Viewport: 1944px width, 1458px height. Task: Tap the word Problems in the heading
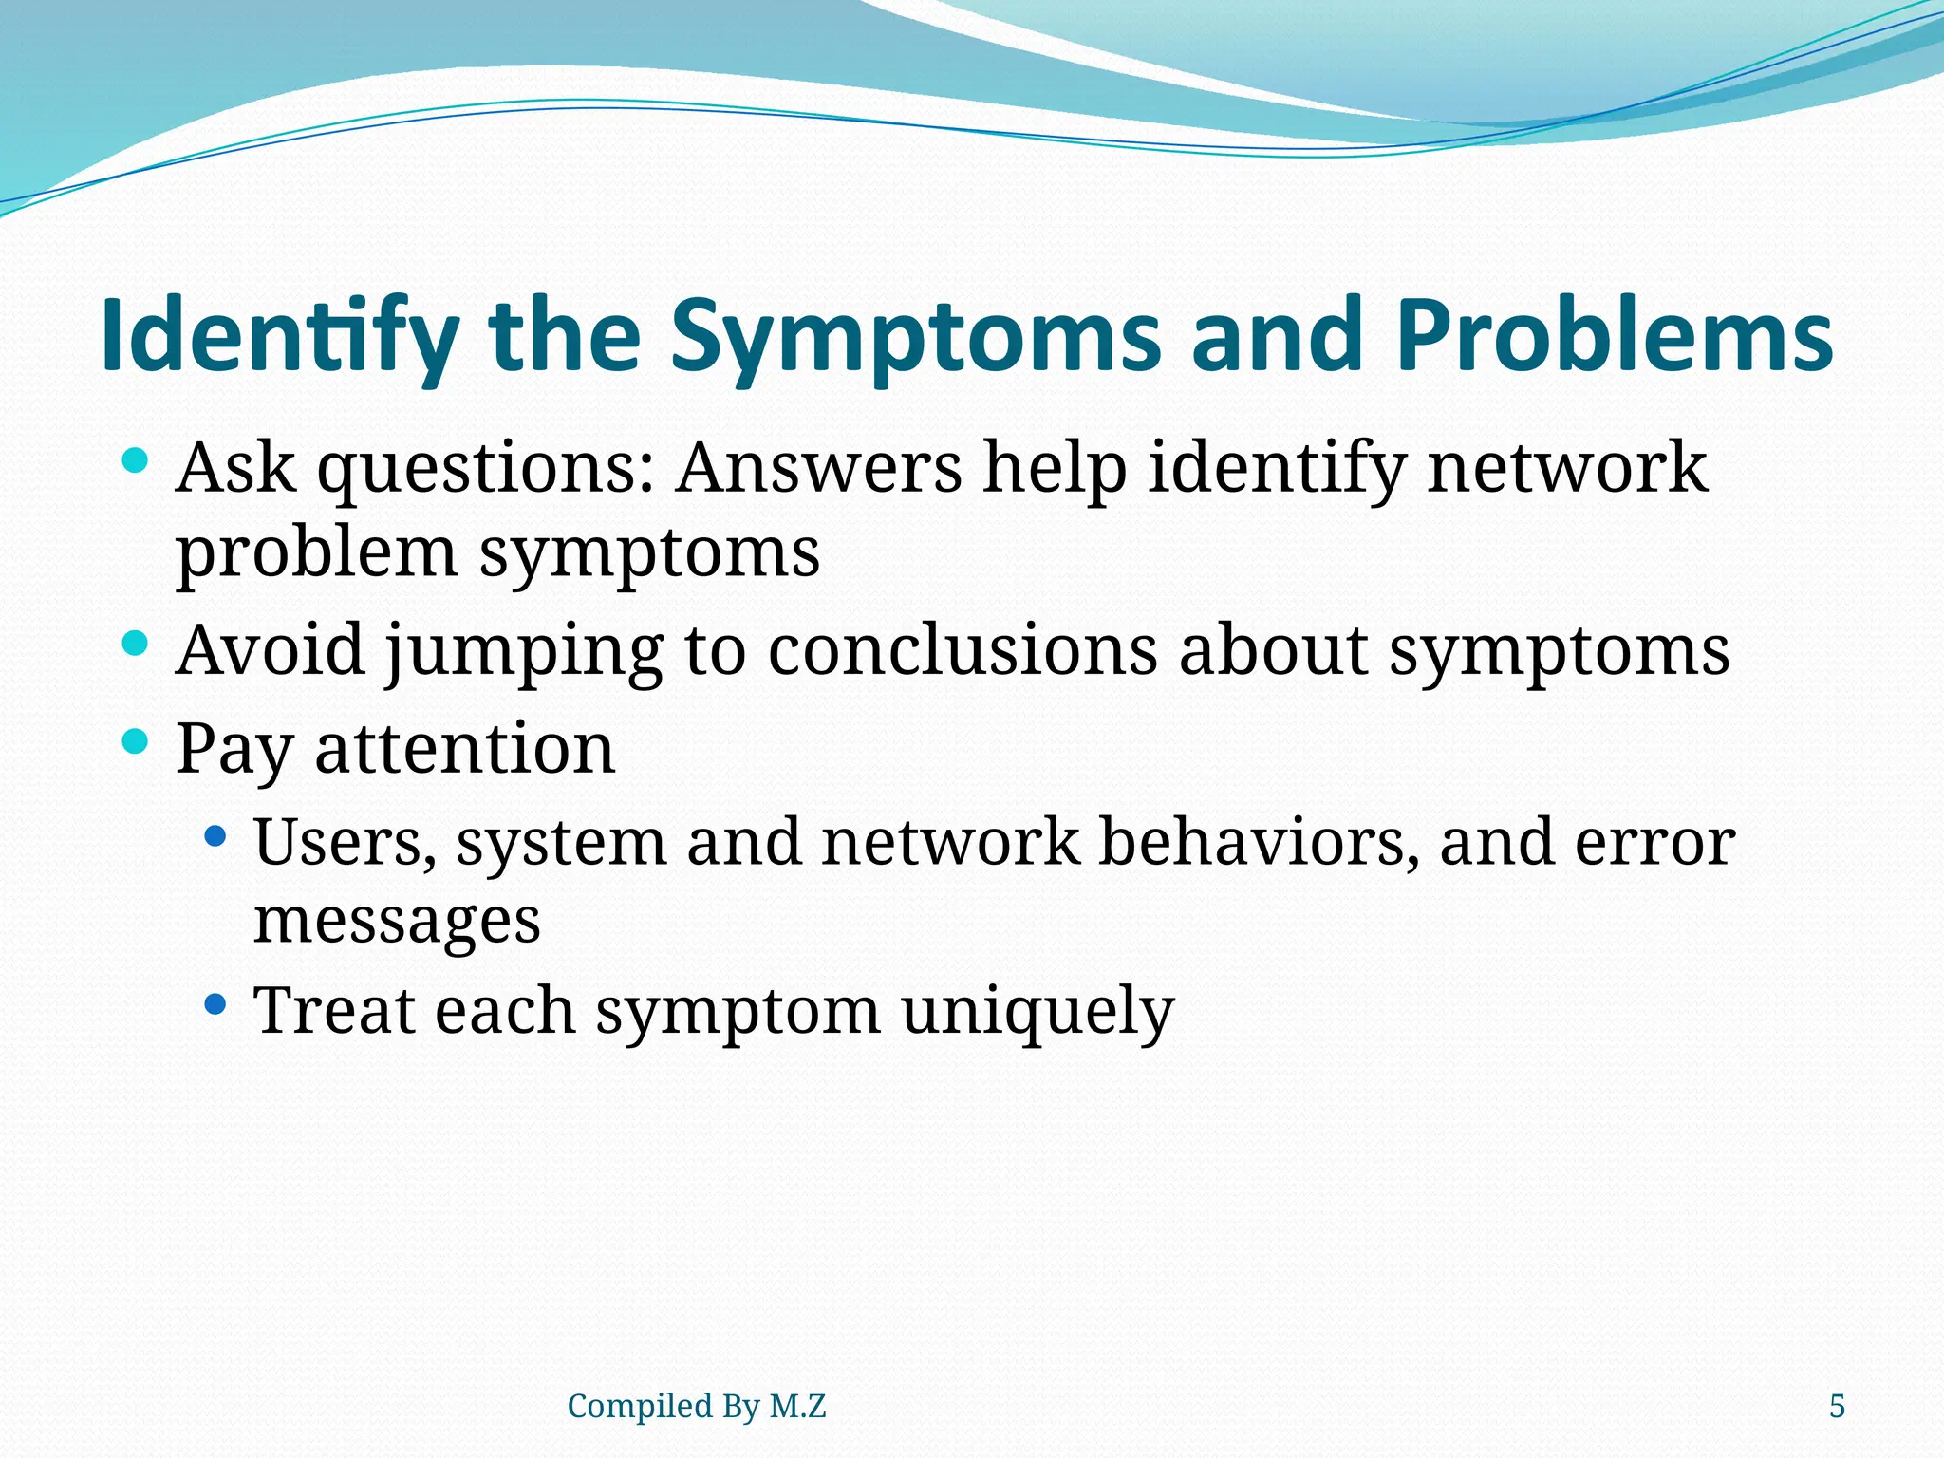1614,337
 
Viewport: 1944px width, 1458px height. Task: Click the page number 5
1837,1406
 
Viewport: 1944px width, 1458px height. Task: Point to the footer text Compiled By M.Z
696,1406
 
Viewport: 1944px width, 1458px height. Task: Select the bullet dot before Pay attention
136,741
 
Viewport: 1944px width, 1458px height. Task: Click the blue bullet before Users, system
216,836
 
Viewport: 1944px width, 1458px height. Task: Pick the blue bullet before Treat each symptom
216,1003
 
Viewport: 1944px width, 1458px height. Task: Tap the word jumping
524,651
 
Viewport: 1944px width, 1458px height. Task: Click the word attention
464,749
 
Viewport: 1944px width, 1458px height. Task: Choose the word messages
397,921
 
